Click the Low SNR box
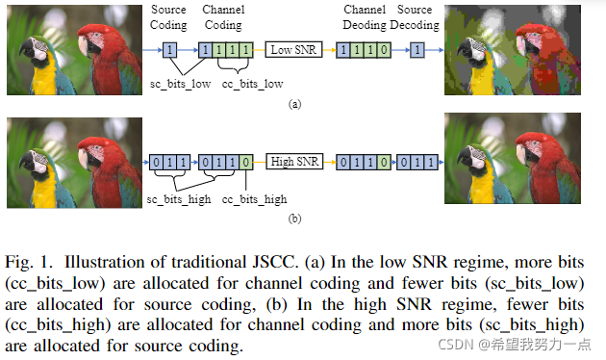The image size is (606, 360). (292, 48)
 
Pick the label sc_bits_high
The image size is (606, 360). (178, 198)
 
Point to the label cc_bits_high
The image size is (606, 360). (254, 198)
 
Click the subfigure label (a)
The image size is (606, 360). (294, 104)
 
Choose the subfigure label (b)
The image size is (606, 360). (294, 218)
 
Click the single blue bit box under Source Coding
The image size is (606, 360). (170, 48)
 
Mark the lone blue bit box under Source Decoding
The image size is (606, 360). (417, 48)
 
